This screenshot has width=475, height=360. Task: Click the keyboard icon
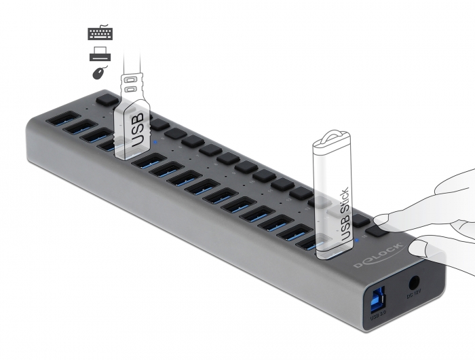100,33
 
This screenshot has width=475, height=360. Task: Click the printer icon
100,55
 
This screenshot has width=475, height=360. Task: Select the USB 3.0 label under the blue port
377,314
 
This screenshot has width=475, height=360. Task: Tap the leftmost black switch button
105,99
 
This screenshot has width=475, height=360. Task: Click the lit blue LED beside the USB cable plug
157,143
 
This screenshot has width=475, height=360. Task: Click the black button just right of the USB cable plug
159,125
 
